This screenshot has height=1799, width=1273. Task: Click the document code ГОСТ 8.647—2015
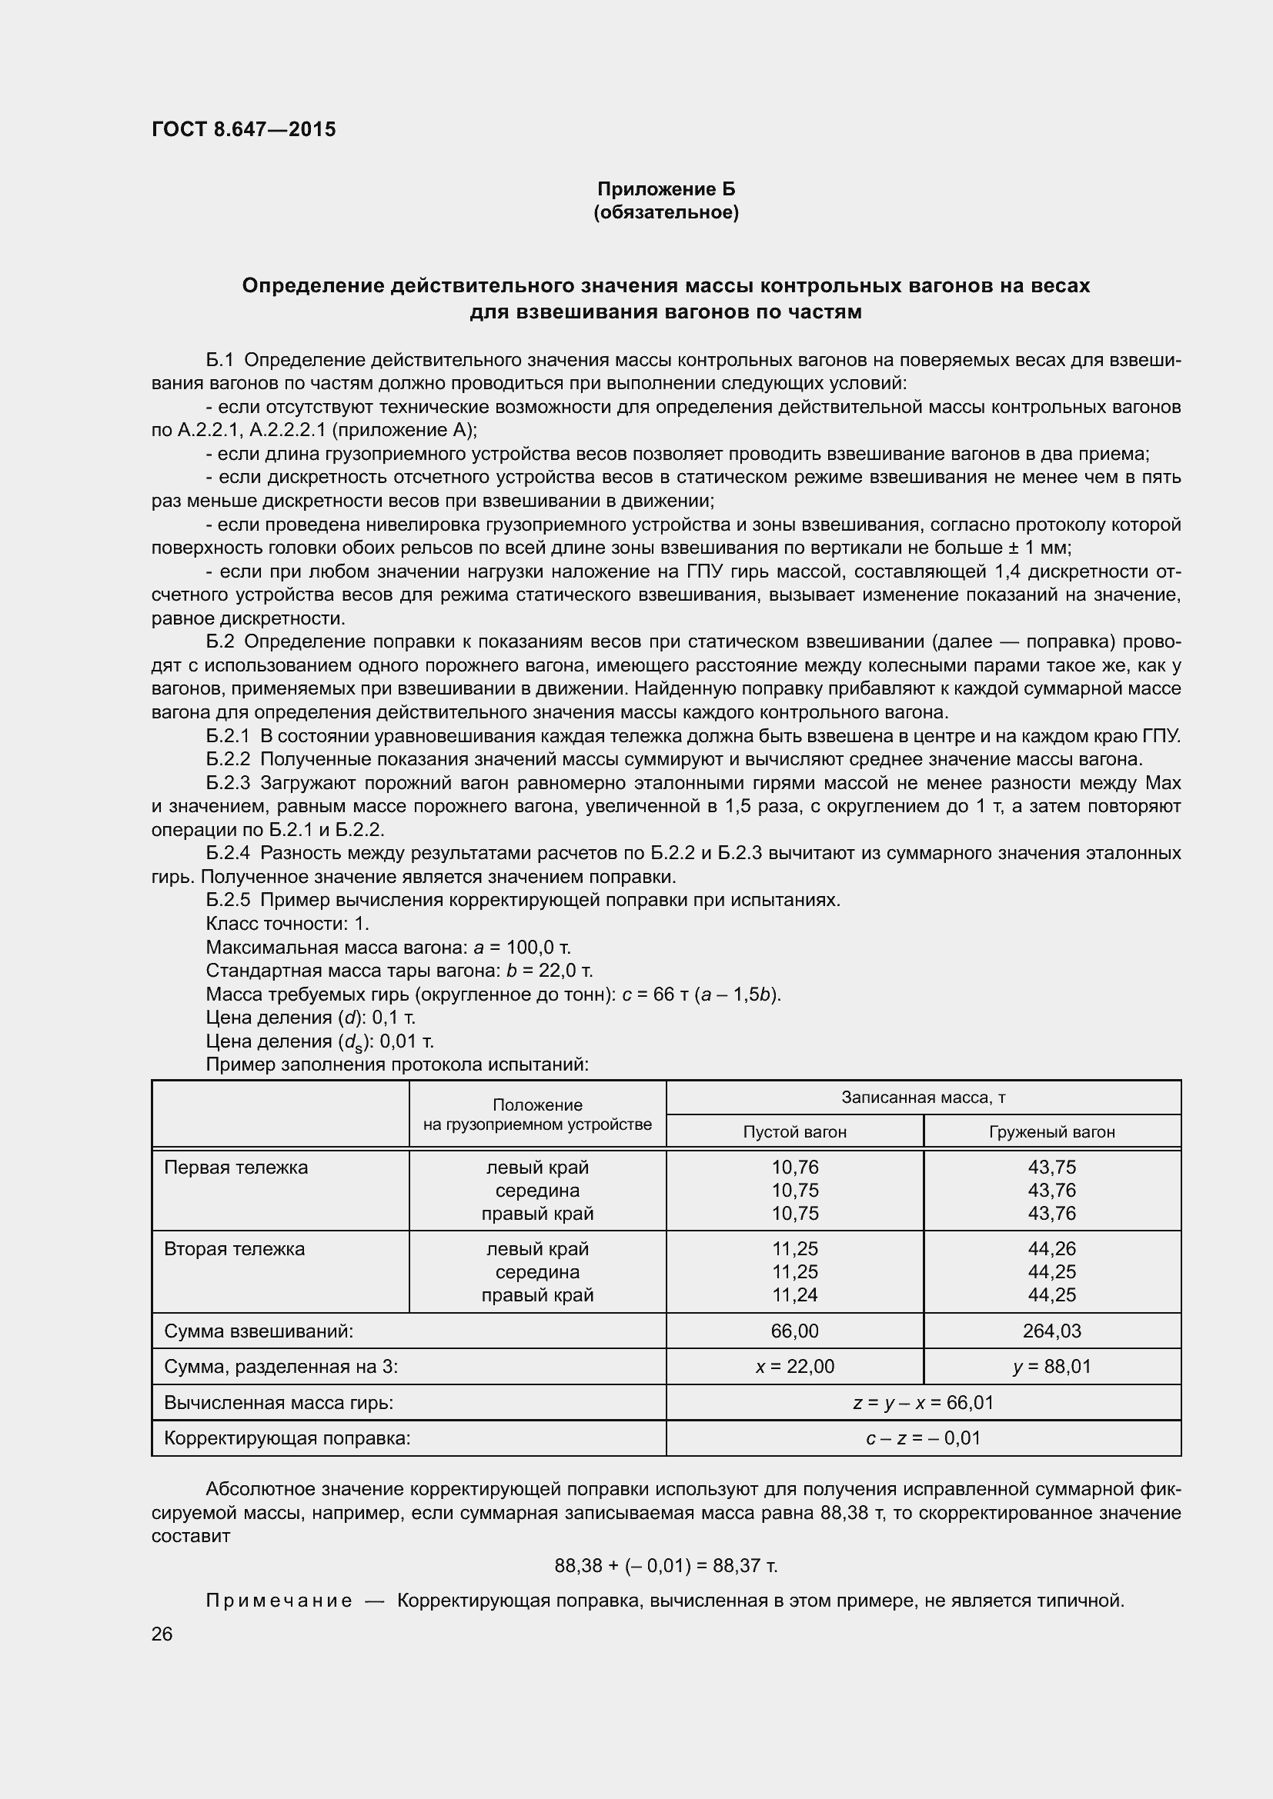tap(243, 129)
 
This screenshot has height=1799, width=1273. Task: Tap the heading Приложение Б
tap(667, 189)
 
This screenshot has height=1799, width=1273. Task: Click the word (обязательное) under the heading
tap(667, 212)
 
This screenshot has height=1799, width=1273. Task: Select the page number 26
tap(162, 1634)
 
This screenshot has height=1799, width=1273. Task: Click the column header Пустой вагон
tap(795, 1131)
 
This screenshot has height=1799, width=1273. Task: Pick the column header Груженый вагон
tap(1052, 1131)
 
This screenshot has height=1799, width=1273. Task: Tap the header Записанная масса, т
tap(924, 1097)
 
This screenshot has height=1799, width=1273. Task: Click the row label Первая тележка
tap(236, 1168)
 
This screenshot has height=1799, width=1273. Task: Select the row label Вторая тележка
tap(235, 1249)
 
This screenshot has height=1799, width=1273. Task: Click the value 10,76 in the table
tap(795, 1168)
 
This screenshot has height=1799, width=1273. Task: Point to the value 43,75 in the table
tap(1052, 1168)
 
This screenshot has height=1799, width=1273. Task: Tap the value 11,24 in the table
tap(795, 1294)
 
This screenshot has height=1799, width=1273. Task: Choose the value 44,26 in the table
tap(1052, 1249)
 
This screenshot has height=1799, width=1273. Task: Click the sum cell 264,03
tap(1052, 1331)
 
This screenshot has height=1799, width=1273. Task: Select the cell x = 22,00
tap(795, 1367)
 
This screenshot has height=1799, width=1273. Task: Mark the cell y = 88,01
tap(1052, 1367)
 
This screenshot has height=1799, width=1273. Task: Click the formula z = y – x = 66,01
tap(924, 1403)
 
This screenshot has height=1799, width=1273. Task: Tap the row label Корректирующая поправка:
tap(287, 1438)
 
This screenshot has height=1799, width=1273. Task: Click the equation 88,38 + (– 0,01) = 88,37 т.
tap(667, 1565)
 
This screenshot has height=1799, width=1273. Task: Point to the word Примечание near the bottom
tap(279, 1600)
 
